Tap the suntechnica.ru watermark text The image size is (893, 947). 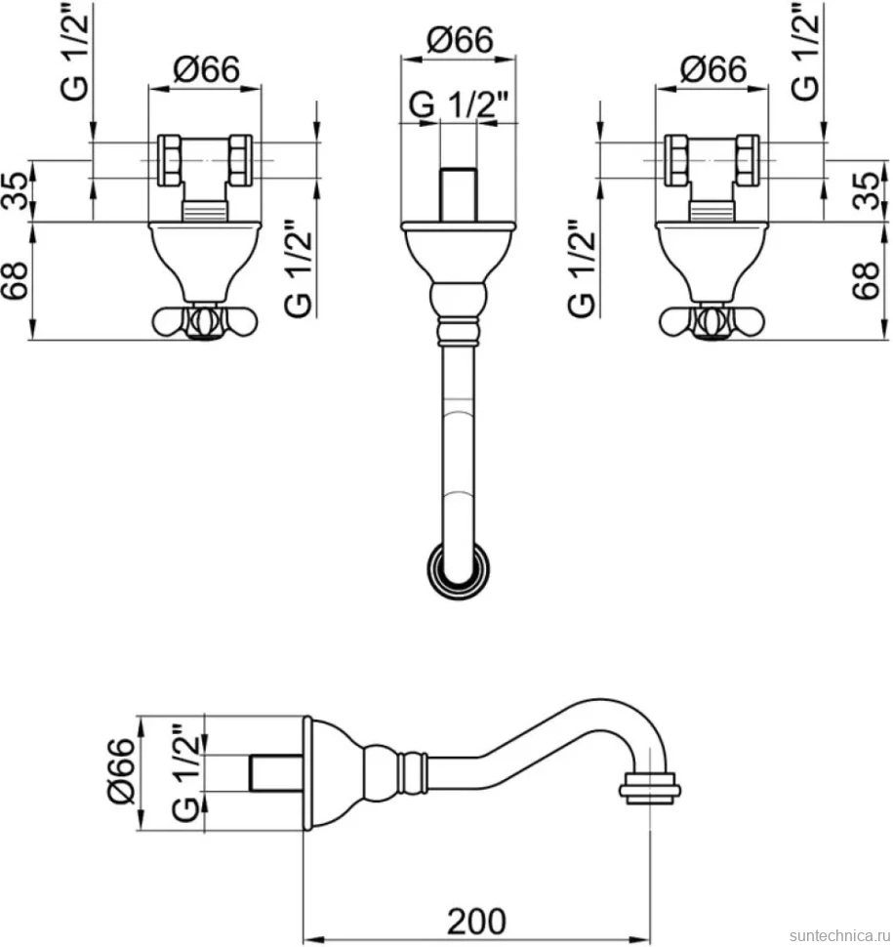tap(840, 935)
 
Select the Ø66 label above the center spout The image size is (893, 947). tap(460, 40)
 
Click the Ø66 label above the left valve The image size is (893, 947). tap(207, 69)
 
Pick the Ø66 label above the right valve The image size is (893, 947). tap(713, 69)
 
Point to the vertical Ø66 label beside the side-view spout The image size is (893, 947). tap(121, 770)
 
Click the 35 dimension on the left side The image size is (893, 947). tap(16, 190)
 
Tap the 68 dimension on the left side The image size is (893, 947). tap(16, 280)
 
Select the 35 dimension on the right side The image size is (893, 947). tap(867, 190)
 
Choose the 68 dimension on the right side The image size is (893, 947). tap(867, 280)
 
